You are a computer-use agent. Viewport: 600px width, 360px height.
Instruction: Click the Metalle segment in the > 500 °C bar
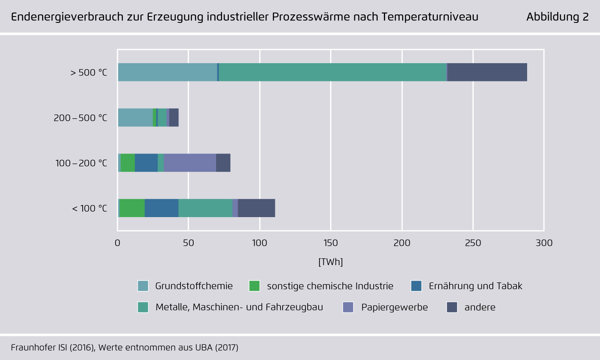pos(333,72)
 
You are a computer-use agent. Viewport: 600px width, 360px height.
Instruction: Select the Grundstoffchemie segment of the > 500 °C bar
pos(167,72)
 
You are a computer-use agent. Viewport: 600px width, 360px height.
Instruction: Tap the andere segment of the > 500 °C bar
pos(487,72)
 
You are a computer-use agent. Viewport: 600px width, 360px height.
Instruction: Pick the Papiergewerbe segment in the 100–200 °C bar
pos(190,163)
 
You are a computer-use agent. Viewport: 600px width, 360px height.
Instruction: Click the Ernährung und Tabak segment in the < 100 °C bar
pos(161,208)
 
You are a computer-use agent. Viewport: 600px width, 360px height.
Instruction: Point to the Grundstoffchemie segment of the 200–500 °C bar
pos(135,117)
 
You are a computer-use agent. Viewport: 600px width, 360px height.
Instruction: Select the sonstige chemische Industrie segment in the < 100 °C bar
pos(132,208)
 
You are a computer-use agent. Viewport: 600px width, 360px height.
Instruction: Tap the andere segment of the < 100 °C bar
pos(256,208)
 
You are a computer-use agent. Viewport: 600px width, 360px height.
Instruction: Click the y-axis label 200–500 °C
pos(81,118)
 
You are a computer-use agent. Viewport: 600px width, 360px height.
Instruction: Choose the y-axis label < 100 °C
pos(89,209)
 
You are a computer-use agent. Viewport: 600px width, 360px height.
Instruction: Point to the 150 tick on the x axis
pos(331,243)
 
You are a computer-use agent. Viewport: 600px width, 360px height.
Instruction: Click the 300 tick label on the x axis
pos(544,243)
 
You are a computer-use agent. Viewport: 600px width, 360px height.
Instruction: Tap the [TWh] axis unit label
pos(331,262)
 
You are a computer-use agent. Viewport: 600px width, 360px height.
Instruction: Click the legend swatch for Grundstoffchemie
pos(143,286)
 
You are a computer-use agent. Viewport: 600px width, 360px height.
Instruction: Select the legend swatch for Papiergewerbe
pos(348,307)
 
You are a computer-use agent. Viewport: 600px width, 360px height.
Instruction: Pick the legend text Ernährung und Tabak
pos(475,286)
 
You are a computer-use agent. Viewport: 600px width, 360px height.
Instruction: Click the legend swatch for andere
pos(452,307)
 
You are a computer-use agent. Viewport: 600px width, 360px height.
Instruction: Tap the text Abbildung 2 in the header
pos(557,17)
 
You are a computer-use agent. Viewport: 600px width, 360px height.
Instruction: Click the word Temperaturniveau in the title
pos(430,17)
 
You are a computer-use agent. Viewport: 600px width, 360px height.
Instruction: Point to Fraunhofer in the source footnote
pos(33,348)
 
